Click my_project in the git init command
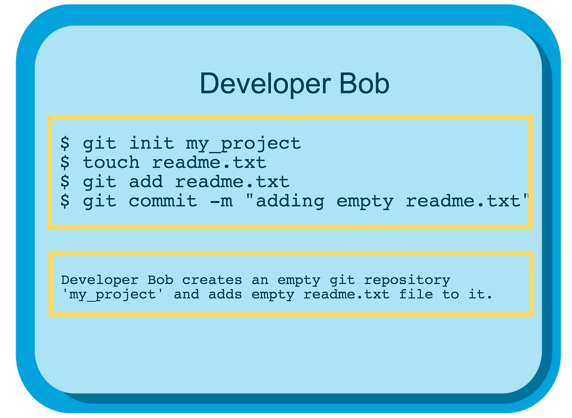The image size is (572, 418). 243,143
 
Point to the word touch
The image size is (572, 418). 111,163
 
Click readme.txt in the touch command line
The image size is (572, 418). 209,163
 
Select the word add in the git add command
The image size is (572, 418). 146,182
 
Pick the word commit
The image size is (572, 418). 163,201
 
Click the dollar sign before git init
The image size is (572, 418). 65,143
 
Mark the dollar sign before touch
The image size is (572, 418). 65,163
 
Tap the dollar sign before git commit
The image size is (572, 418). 65,201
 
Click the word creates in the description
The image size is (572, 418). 212,280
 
